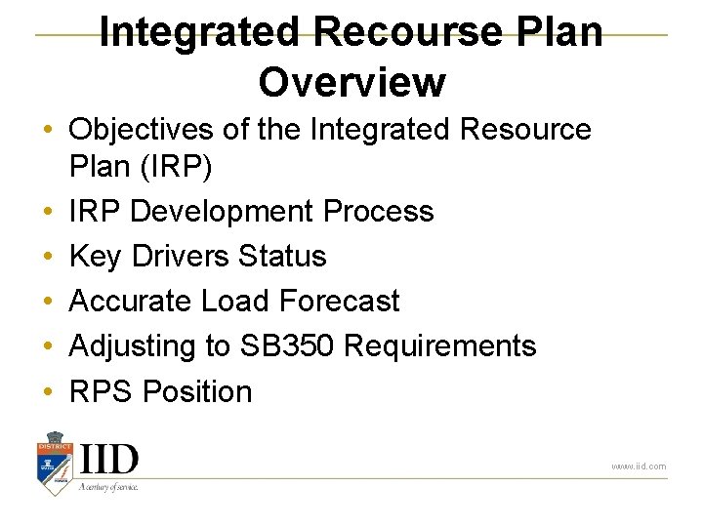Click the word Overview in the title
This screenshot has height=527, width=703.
coord(351,82)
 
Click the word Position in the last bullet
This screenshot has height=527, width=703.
coord(197,391)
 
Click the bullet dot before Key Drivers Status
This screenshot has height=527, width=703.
coord(47,257)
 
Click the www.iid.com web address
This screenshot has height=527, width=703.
coord(639,466)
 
